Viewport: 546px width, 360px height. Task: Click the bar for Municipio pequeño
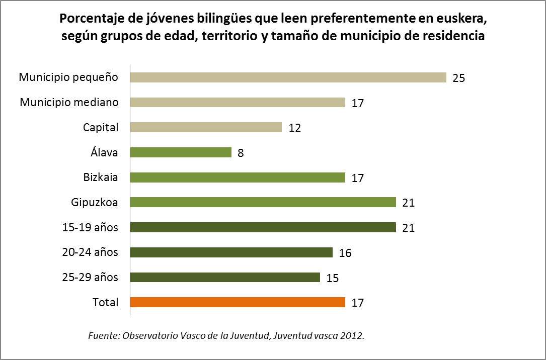[288, 77]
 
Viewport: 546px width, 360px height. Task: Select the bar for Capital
[206, 127]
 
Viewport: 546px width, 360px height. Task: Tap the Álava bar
[181, 152]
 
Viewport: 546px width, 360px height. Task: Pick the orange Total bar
[238, 302]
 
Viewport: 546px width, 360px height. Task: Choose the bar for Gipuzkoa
[263, 202]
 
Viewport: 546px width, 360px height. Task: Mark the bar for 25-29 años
[225, 277]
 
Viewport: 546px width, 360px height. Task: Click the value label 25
[458, 78]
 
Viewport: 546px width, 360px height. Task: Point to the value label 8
[241, 153]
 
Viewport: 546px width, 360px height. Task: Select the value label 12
[294, 128]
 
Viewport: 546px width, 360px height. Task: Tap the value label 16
[345, 253]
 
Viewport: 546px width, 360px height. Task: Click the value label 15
[332, 278]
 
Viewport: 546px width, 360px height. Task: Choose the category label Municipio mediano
[69, 103]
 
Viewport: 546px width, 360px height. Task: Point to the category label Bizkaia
[101, 177]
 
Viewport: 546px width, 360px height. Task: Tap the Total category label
[105, 302]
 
